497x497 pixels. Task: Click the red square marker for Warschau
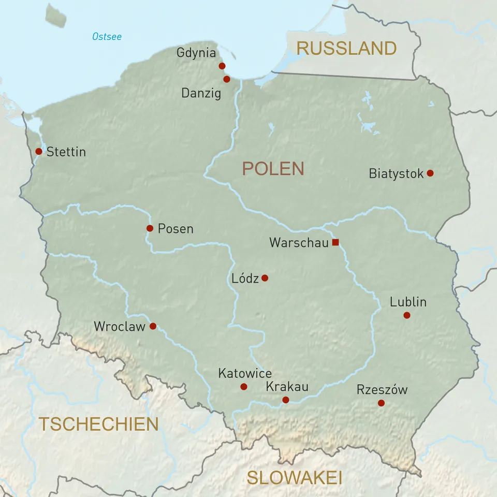pos(335,242)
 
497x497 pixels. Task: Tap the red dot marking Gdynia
pos(222,66)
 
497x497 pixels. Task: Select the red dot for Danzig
pos(227,79)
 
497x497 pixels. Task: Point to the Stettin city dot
pos(39,151)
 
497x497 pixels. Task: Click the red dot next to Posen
pos(150,228)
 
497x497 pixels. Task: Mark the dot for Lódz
pos(265,278)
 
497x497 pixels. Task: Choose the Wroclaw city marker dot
pos(153,326)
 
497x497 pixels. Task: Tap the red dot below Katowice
pos(244,387)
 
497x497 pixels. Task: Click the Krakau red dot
pos(286,400)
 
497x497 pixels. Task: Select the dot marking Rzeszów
pos(382,403)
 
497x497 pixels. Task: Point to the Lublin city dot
pos(407,315)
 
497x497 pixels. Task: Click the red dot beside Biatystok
pos(430,173)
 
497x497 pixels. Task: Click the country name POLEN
pos(273,169)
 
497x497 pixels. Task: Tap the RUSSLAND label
pos(346,49)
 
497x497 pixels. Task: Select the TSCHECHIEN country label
pos(99,424)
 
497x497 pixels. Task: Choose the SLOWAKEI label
pos(294,478)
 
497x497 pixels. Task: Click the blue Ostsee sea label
pos(107,37)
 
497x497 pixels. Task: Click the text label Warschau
pos(299,243)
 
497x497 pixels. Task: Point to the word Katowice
pos(245,373)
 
